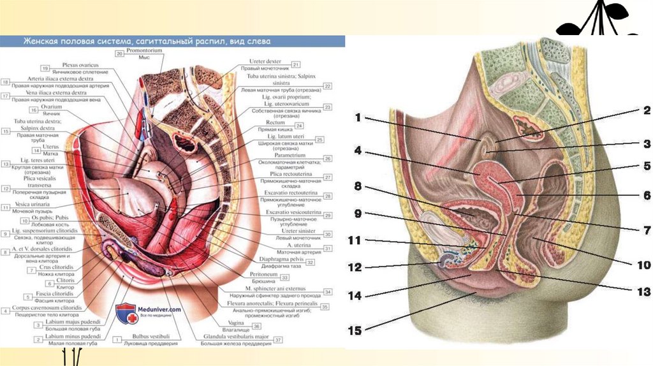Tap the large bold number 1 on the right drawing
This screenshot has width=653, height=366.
point(358,117)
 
